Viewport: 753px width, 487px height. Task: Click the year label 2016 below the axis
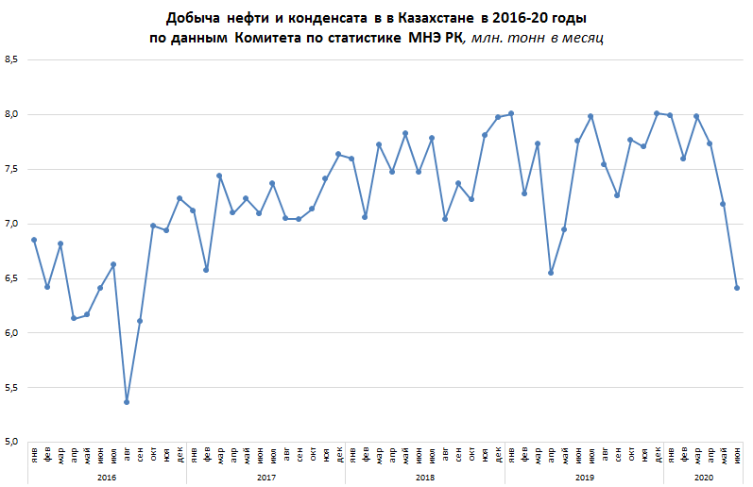pos(107,478)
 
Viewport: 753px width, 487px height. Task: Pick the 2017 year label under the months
pos(265,478)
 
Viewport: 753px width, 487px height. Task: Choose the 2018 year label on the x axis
pos(424,478)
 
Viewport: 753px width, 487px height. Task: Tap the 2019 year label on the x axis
pos(584,478)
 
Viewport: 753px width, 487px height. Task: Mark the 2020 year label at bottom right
pos(703,478)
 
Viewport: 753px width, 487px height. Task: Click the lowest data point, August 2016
pos(127,402)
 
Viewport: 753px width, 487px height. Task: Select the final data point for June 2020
pos(737,288)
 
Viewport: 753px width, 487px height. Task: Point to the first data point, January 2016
pos(34,240)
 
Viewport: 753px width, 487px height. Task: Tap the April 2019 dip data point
pos(551,273)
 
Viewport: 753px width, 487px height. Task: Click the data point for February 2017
pos(206,270)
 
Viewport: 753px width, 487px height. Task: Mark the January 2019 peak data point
pos(511,113)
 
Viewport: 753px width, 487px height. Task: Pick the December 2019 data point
pos(657,113)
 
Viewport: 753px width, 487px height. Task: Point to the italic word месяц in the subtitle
pos(583,39)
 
